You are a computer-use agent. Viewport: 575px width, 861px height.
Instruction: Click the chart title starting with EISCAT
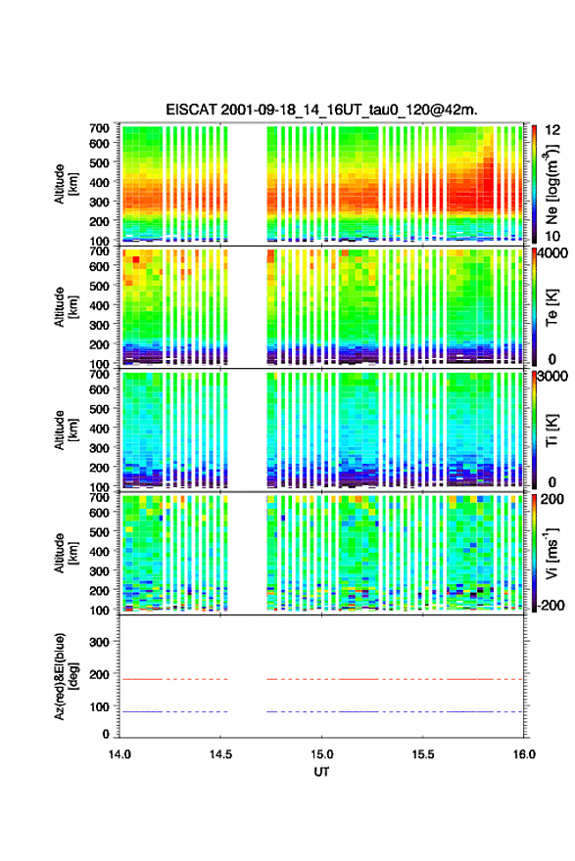tap(321, 110)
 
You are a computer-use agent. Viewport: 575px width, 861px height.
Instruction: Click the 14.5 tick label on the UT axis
tap(220, 754)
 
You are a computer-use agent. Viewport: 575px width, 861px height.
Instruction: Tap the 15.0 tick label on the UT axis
tap(321, 754)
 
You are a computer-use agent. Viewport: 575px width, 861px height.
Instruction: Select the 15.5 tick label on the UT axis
tap(423, 754)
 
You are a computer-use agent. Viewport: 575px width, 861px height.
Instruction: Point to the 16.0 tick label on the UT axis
tap(524, 754)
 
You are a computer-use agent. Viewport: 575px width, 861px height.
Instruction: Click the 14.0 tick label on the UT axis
tap(120, 754)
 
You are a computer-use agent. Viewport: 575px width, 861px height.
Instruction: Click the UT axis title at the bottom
tap(321, 772)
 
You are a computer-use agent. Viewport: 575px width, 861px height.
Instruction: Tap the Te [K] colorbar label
tap(551, 307)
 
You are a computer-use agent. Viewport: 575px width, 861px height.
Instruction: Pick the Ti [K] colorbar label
tap(551, 430)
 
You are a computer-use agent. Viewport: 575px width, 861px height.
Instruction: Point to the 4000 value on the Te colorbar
tap(552, 253)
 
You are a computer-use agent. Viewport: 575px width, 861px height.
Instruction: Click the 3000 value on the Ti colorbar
tap(552, 377)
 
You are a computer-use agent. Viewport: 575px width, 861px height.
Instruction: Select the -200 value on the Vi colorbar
tap(551, 605)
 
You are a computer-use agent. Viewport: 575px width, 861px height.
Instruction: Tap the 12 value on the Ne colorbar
tap(552, 131)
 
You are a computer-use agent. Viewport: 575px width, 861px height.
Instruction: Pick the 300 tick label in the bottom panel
tap(100, 642)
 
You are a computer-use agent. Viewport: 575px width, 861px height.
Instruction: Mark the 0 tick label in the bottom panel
tap(106, 734)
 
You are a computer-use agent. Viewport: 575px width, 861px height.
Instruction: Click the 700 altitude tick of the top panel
tap(100, 128)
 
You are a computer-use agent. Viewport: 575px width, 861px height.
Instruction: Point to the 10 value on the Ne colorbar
tap(552, 236)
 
